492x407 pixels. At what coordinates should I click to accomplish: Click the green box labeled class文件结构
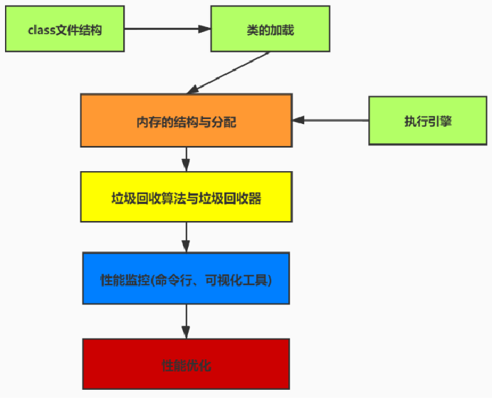63,30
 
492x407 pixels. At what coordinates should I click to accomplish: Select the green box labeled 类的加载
270,29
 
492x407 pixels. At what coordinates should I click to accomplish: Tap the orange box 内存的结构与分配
187,121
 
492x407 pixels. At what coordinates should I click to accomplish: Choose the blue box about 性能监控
187,279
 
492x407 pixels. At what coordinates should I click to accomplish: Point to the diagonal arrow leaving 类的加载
228,73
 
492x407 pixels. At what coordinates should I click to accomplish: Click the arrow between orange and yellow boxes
187,159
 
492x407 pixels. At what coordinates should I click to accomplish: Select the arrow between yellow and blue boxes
187,237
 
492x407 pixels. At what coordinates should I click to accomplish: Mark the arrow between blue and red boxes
187,321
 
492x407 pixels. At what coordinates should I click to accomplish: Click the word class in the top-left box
42,30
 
